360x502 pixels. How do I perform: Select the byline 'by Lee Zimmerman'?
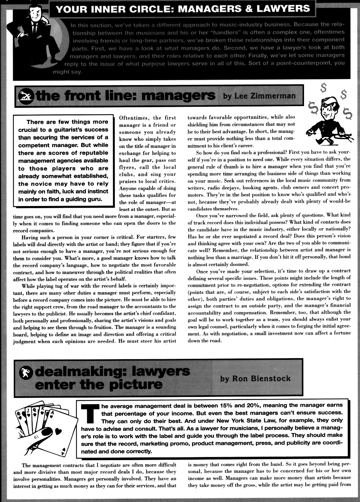tap(259, 95)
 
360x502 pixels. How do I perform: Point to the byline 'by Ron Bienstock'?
tap(255, 378)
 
